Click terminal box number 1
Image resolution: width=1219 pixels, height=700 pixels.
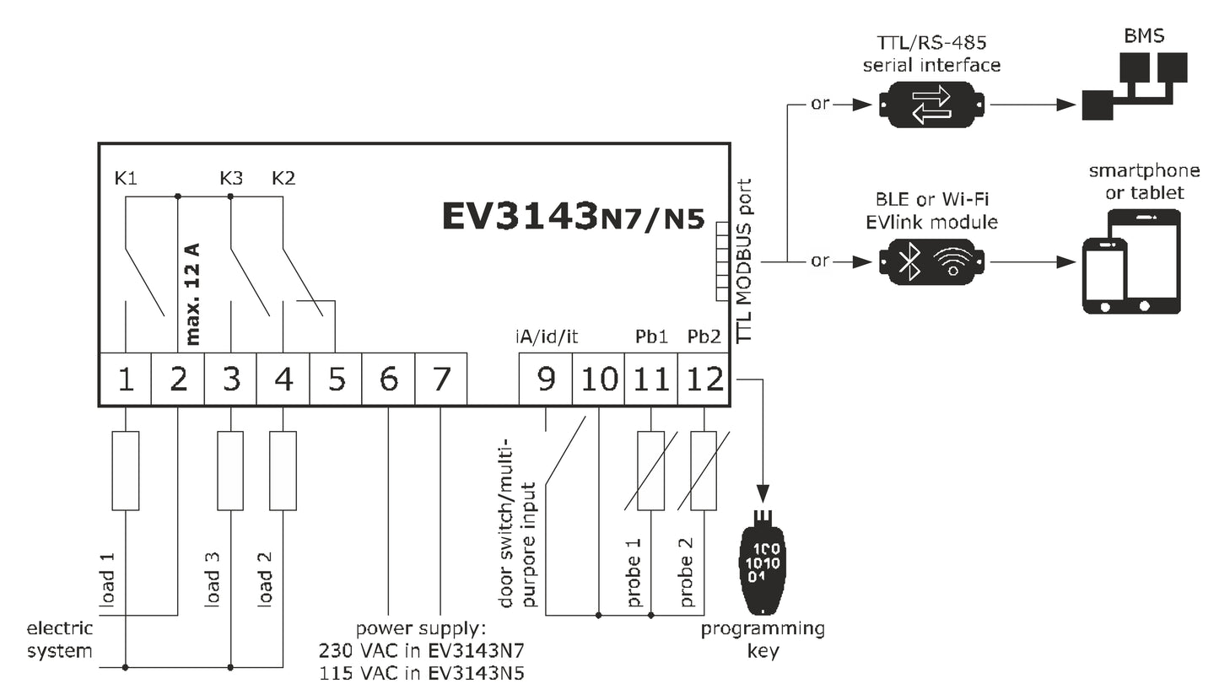point(126,380)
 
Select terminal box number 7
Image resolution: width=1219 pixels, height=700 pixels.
point(441,380)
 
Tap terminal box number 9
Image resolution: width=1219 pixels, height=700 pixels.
point(546,380)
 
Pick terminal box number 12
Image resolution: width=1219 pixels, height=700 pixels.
point(704,380)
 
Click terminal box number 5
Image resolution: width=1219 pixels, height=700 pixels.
point(336,380)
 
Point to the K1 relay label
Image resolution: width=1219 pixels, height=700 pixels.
point(125,179)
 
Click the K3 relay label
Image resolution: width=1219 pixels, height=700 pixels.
point(231,179)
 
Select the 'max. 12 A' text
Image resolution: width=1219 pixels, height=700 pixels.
point(192,294)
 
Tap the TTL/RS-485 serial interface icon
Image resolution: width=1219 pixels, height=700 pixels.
point(931,105)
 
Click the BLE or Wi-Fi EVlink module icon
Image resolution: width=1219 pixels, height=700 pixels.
point(931,261)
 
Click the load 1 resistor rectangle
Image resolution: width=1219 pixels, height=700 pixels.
point(126,471)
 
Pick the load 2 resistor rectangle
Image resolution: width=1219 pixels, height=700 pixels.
point(283,471)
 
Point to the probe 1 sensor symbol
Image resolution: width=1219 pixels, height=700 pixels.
point(650,471)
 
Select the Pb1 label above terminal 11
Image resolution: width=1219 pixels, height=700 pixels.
point(651,337)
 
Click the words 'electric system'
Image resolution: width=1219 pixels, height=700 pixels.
point(59,640)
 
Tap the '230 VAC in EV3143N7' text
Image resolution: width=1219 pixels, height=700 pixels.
point(422,651)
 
